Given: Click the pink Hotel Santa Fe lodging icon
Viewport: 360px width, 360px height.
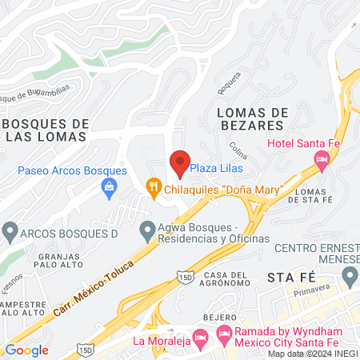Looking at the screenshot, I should pyautogui.click(x=322, y=159).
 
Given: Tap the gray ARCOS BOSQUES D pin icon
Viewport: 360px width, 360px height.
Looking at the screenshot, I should pyautogui.click(x=10, y=232).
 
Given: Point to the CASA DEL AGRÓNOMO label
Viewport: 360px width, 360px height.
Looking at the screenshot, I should pyautogui.click(x=228, y=281).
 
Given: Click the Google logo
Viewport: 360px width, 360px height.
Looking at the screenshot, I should pyautogui.click(x=27, y=350).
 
